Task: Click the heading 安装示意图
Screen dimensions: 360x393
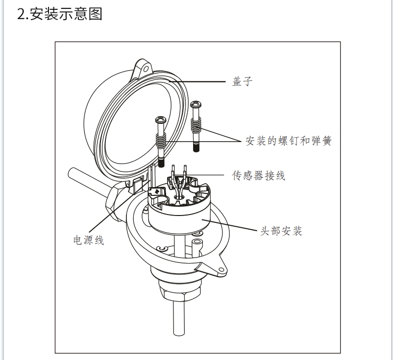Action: [60, 14]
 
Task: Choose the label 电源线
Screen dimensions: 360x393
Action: [88, 240]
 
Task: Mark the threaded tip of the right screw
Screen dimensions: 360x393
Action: [196, 146]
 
